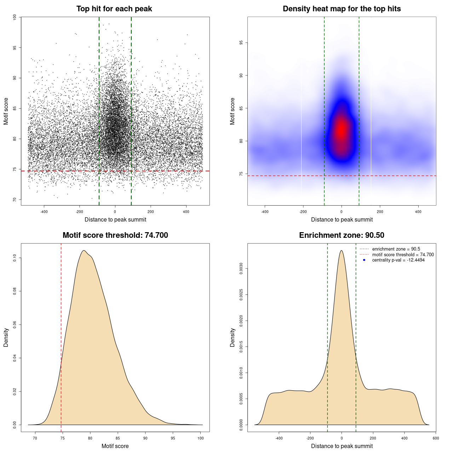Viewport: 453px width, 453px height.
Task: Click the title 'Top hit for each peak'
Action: [114, 9]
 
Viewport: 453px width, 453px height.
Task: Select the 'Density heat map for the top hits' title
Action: [342, 9]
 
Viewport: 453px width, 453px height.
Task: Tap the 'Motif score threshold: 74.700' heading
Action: [115, 235]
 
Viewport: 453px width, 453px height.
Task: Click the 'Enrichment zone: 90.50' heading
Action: [342, 235]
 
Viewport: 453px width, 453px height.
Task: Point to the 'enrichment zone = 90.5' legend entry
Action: [396, 249]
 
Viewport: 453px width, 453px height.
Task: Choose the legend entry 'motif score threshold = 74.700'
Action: [403, 255]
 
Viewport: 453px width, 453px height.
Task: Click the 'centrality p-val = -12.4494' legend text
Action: [398, 260]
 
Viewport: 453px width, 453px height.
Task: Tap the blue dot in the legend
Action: [364, 260]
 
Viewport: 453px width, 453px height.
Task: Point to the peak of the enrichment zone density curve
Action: [342, 251]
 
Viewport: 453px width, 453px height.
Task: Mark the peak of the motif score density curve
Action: [84, 251]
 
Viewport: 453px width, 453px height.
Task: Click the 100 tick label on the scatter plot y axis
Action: [15, 17]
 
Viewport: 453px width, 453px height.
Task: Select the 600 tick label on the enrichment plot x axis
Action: [436, 438]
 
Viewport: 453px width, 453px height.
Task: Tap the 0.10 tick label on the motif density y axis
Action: [15, 258]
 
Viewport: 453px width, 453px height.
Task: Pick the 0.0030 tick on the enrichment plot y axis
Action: [241, 269]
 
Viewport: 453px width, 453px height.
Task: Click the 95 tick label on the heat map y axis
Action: [241, 43]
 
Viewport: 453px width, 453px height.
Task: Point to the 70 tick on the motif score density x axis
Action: [35, 438]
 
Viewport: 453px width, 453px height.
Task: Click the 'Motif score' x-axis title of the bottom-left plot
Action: [115, 446]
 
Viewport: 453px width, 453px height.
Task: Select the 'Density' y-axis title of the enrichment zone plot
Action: [233, 337]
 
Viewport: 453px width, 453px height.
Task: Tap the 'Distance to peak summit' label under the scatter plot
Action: [115, 219]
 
